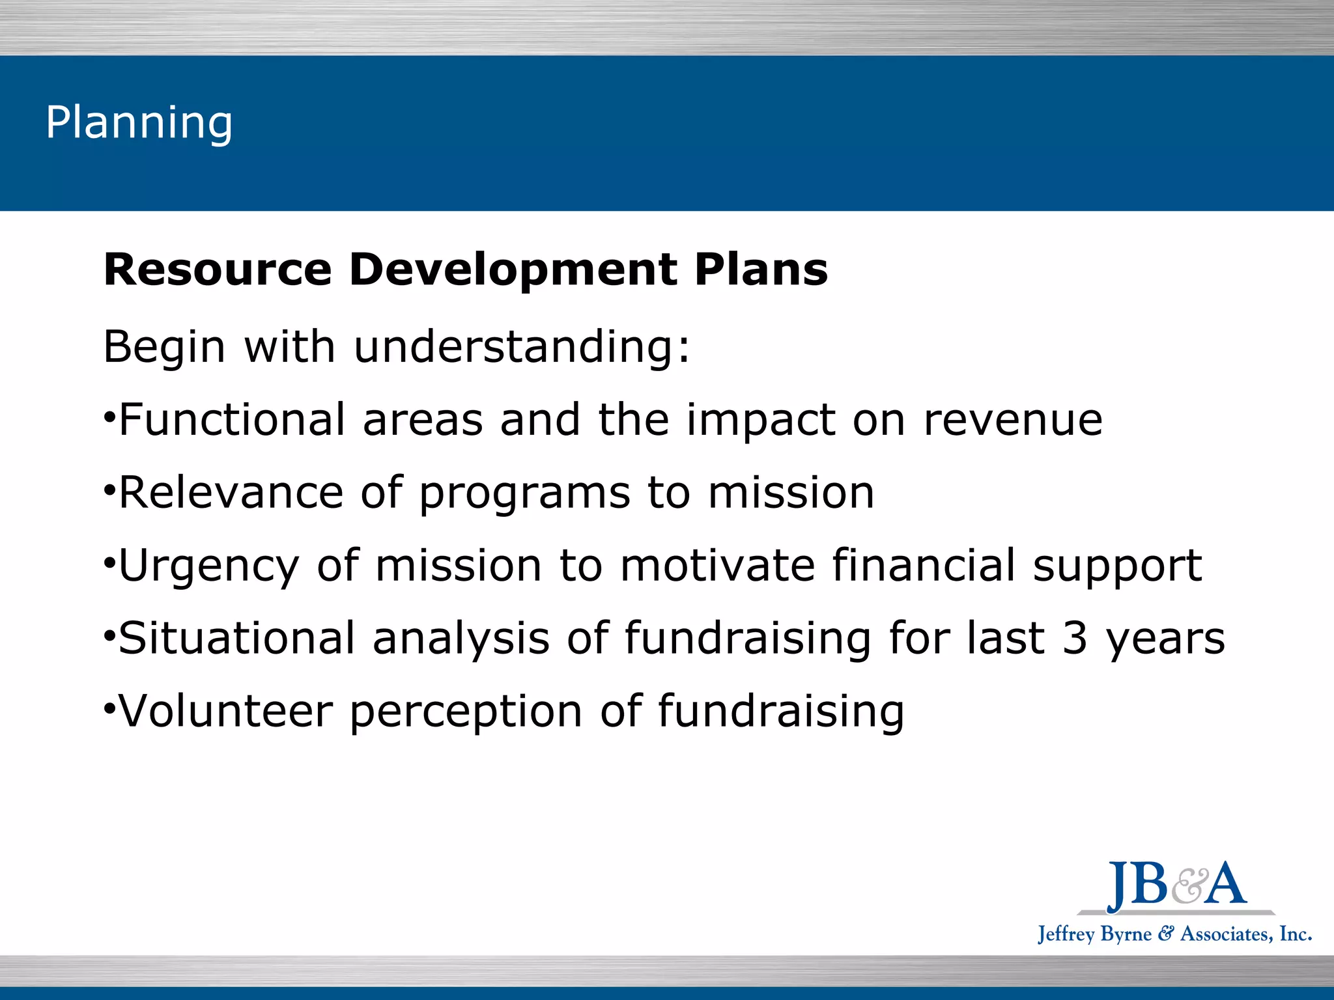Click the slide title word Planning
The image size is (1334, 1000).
139,122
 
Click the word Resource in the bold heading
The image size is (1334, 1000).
218,270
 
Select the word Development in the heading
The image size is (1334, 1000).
513,270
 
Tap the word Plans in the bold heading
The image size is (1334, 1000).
761,270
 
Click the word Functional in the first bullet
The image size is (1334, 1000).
232,419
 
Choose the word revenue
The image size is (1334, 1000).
1013,419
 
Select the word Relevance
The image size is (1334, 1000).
231,492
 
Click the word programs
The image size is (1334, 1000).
524,493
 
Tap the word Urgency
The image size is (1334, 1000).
208,566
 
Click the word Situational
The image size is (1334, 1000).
236,638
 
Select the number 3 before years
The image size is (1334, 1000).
1075,638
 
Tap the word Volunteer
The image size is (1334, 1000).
226,711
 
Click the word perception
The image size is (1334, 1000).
466,712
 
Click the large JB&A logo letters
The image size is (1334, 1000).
1176,885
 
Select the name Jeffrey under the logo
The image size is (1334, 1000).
1066,934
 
